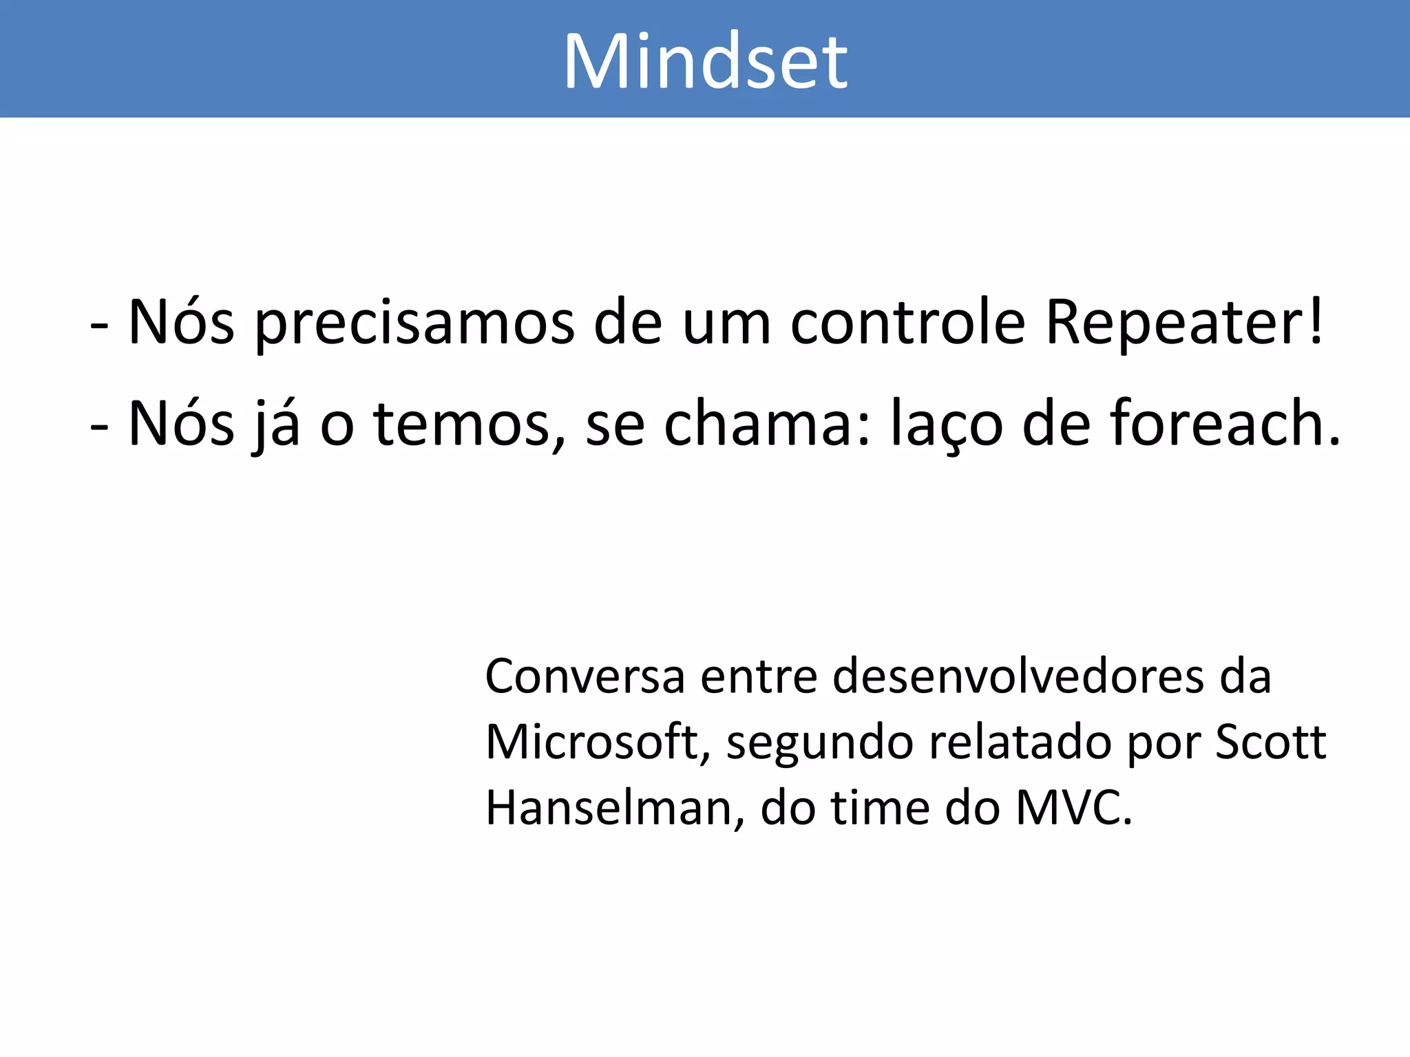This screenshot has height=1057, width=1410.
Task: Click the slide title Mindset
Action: (705, 62)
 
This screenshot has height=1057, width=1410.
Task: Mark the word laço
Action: (947, 425)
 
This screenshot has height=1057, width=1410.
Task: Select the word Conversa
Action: (585, 676)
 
